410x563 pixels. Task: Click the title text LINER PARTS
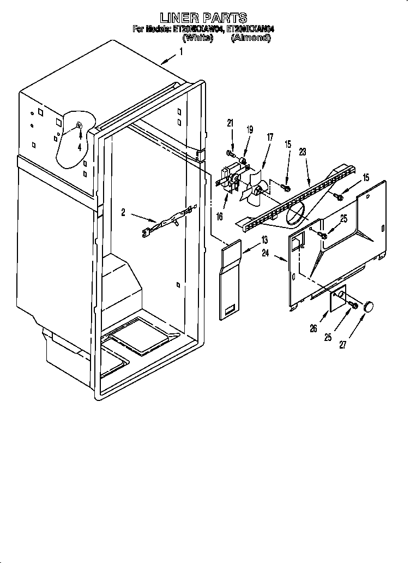(203, 18)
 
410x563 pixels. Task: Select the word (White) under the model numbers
(197, 38)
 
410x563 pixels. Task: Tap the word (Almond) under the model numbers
(251, 38)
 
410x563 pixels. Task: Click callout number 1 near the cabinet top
(181, 52)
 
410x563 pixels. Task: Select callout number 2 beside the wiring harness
(123, 213)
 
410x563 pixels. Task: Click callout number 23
(303, 153)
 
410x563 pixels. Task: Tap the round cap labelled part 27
(370, 306)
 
